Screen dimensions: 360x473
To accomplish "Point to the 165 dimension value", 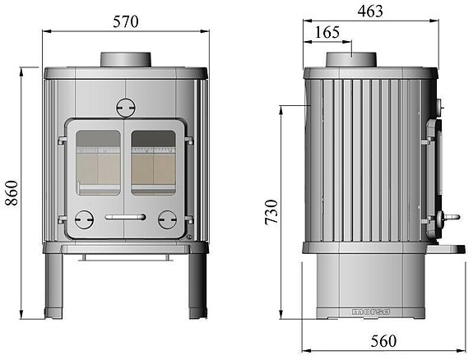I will (327, 33).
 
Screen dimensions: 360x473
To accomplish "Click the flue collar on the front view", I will (126, 60).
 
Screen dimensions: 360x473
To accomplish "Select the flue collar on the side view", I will (352, 60).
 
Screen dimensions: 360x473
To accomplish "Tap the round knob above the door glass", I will (125, 107).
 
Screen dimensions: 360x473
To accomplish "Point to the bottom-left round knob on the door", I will (84, 219).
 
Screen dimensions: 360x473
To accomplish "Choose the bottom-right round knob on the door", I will (167, 219).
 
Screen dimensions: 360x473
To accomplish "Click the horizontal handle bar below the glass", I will (125, 217).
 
